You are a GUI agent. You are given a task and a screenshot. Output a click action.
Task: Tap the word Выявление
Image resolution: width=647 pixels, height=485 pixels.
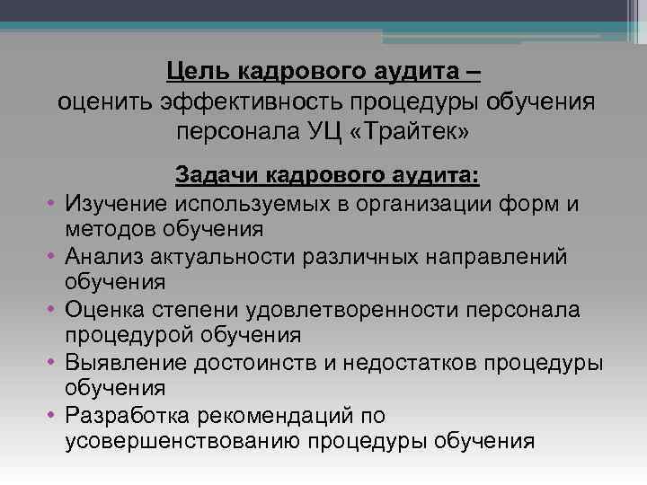coord(127,363)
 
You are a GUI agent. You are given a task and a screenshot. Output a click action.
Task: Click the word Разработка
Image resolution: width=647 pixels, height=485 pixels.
coord(129,416)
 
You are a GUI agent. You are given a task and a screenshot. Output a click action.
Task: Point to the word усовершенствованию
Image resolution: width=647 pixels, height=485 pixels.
coord(182,441)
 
